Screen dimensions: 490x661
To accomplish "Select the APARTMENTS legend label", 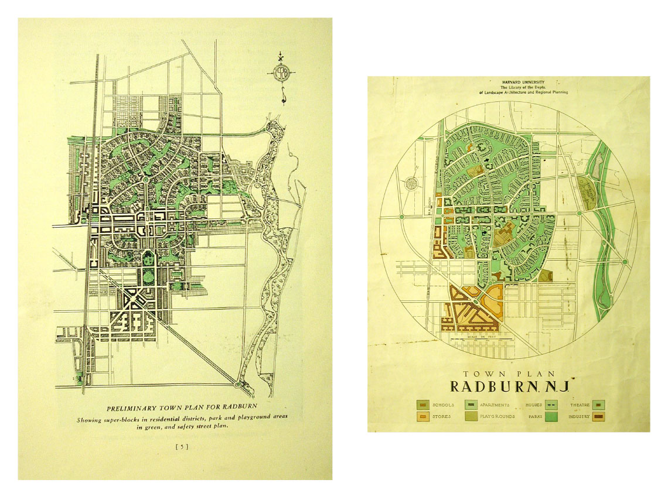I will [x=493, y=405].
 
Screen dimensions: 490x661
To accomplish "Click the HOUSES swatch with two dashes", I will [x=551, y=405].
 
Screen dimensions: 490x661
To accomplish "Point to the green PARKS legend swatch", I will [x=551, y=417].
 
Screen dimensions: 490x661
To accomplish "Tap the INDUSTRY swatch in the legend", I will [x=599, y=417].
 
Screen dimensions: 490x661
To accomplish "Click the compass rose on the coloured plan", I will [x=410, y=184].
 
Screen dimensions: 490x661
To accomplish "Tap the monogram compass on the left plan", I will [x=281, y=73].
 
